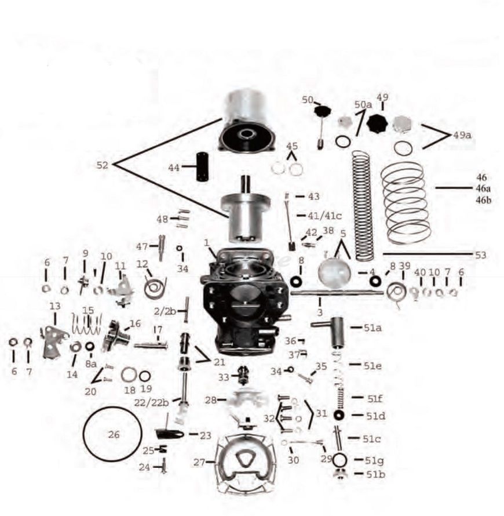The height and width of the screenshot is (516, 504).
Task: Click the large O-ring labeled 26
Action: [x=83, y=434]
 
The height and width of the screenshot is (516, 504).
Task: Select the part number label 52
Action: [x=102, y=165]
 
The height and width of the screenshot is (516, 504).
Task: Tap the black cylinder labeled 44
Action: [x=202, y=166]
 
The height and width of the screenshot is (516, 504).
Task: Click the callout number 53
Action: [x=480, y=255]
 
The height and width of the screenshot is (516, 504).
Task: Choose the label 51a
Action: [x=372, y=328]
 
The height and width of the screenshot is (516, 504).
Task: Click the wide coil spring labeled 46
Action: [x=406, y=204]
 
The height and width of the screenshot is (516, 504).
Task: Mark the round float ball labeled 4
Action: [x=335, y=273]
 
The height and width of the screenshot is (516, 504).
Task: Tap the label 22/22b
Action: [x=152, y=402]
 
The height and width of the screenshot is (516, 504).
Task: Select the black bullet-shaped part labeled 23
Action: [x=169, y=434]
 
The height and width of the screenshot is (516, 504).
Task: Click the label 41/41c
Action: [x=324, y=216]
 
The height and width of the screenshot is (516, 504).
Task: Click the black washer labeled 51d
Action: [x=338, y=415]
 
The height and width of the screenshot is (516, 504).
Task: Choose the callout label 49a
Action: [x=462, y=135]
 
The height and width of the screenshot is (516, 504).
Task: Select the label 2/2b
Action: [x=165, y=311]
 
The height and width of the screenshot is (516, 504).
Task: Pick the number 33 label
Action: [x=223, y=377]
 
